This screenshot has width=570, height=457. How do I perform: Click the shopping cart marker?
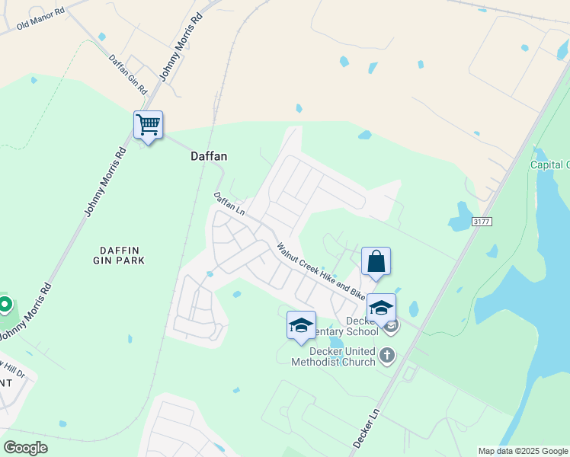point(148,125)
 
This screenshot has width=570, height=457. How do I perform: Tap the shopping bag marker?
point(376,261)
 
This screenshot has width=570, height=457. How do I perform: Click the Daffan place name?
point(209,155)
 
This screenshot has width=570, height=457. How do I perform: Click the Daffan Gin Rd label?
point(126,70)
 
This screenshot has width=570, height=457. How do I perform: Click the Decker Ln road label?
point(367,427)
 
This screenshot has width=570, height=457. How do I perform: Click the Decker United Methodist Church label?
point(333,356)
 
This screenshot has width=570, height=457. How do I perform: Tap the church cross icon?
point(388,355)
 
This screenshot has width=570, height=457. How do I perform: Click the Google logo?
point(25,447)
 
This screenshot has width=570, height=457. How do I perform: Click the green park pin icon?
point(5,305)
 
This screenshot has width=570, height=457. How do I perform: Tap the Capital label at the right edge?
point(550,165)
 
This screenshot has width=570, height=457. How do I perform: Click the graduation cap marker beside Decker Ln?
point(381,307)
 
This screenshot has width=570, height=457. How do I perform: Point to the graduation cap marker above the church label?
point(301,324)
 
